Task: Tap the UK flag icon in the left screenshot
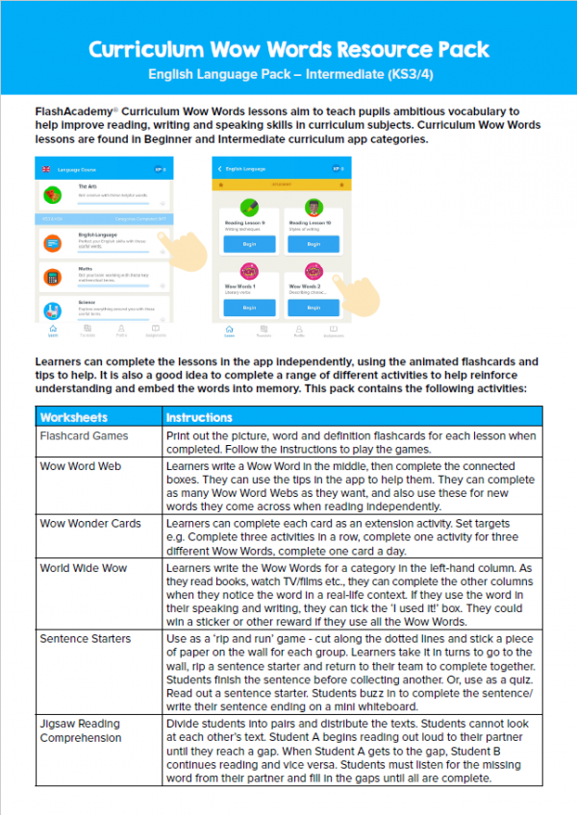[x=45, y=170]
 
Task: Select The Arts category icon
[x=54, y=194]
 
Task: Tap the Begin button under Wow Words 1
[x=248, y=308]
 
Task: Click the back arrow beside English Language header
[x=220, y=169]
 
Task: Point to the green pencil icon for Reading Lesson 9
[x=248, y=208]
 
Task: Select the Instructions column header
[x=199, y=418]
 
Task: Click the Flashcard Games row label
[x=84, y=435]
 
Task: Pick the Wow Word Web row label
[x=80, y=466]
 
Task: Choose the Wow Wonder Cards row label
[x=89, y=524]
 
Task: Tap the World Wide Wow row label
[x=83, y=568]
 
